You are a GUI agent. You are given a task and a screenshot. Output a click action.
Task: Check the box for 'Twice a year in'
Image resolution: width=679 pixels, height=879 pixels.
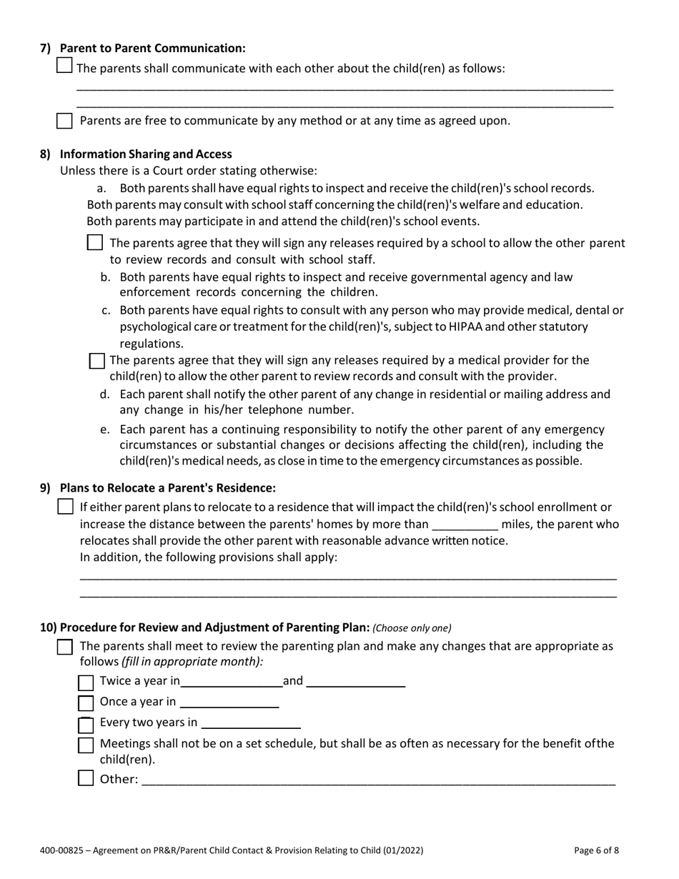click(86, 682)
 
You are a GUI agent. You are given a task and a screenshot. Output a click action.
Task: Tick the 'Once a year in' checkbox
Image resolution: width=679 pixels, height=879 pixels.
click(86, 703)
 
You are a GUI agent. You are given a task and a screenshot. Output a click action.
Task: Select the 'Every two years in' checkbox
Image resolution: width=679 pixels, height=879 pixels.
click(86, 725)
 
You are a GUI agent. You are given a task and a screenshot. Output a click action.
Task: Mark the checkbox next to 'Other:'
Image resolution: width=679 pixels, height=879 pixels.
click(86, 778)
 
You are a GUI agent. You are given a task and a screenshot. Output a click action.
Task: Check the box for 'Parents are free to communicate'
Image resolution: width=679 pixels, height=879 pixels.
click(64, 121)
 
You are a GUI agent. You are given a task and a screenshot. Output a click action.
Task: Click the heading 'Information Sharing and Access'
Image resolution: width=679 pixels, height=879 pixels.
click(146, 154)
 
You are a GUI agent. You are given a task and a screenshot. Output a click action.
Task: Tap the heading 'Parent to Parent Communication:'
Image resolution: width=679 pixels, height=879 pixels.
click(152, 48)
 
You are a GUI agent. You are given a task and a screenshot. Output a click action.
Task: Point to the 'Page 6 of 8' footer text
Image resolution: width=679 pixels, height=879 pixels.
click(596, 850)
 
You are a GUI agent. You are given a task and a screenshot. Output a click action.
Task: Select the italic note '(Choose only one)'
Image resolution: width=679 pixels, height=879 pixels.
click(412, 628)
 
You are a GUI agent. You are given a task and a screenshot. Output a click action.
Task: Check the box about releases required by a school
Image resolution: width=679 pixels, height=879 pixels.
click(94, 243)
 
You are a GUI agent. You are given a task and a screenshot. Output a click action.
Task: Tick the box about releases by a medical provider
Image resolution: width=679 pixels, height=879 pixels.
click(96, 361)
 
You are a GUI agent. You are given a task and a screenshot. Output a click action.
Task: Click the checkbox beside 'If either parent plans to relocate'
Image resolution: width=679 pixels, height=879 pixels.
click(65, 507)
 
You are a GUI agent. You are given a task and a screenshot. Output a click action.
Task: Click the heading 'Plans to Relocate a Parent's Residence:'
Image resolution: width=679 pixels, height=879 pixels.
click(167, 488)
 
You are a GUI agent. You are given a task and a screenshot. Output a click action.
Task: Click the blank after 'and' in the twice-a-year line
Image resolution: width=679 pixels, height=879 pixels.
click(355, 682)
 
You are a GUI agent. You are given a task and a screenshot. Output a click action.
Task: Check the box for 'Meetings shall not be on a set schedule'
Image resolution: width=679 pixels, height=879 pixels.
click(86, 745)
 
